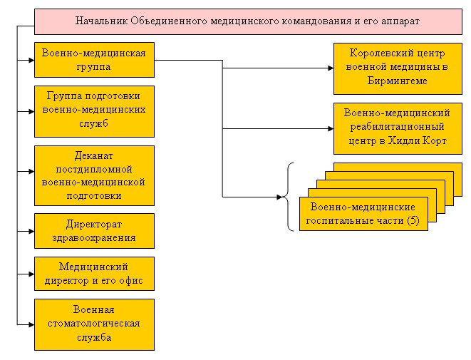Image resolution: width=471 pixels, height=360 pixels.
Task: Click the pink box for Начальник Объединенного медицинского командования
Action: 248,21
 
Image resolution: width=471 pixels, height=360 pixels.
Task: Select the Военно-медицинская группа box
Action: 94,60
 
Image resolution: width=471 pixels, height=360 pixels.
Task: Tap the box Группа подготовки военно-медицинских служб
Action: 94,111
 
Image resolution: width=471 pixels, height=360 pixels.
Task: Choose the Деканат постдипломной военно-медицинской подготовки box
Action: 94,176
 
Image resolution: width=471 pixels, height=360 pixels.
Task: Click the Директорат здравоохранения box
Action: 94,231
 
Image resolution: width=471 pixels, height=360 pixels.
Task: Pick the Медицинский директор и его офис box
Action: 94,274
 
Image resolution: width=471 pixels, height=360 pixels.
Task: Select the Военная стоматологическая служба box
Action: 94,324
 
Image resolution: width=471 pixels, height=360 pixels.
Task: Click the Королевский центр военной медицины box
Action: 398,69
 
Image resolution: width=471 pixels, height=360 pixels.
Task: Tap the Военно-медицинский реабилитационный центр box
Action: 398,129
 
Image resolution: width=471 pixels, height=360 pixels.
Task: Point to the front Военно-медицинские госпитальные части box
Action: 363,214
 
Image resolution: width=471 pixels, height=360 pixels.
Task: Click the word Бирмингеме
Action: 397,81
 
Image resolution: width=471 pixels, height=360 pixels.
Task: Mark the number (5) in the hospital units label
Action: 413,220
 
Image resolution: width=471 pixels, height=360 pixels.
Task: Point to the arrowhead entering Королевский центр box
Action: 331,68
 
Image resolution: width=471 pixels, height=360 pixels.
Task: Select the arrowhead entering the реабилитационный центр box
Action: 331,128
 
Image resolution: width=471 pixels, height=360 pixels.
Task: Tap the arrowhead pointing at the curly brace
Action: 279,197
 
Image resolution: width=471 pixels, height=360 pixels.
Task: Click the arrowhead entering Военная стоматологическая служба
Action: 31,324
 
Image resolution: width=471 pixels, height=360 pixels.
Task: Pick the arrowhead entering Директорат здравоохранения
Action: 31,232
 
